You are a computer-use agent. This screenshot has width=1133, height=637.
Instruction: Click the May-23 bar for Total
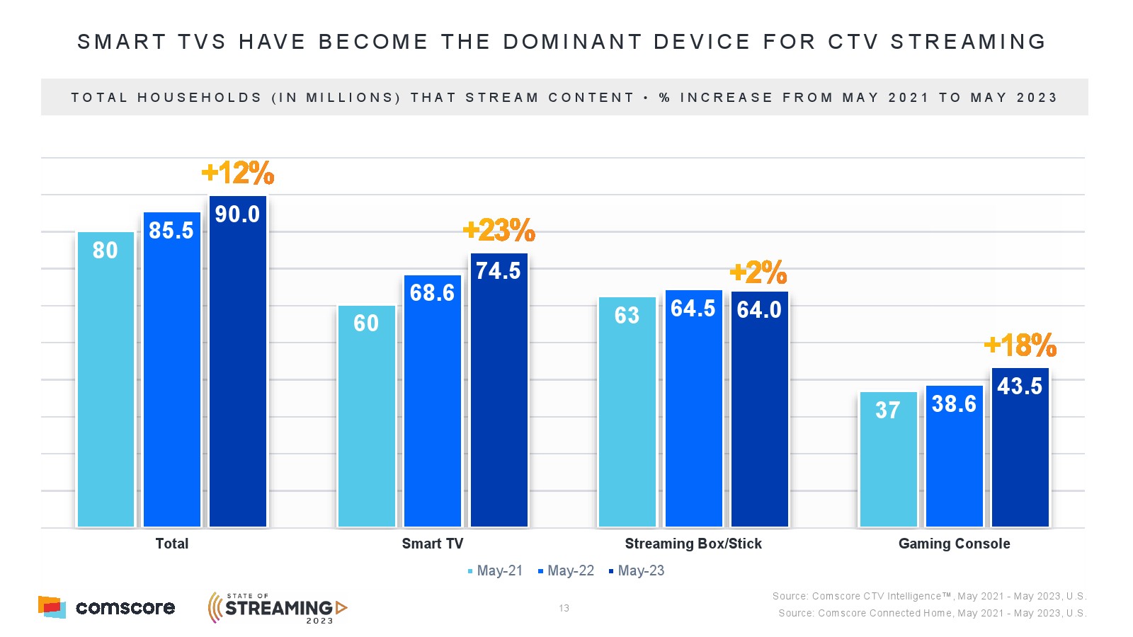238,368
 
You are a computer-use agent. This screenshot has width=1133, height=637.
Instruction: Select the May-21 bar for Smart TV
366,425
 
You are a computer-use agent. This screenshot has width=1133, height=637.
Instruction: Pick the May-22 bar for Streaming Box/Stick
693,418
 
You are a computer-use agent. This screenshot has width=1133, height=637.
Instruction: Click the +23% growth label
499,230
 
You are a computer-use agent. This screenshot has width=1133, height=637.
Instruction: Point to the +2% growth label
758,272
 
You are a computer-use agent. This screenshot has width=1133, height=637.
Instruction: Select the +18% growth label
1020,345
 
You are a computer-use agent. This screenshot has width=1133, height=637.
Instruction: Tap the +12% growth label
238,173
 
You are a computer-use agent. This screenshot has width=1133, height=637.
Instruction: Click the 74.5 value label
498,271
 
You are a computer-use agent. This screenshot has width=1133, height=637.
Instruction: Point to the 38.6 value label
954,404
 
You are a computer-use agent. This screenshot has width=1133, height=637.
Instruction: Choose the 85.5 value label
171,231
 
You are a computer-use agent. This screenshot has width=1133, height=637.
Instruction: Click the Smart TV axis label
432,544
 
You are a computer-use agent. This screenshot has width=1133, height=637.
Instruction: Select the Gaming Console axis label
954,544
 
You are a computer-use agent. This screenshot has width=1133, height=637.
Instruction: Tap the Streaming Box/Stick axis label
693,544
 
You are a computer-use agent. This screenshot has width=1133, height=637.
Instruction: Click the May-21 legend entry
495,571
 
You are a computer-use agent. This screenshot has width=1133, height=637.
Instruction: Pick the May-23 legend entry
637,571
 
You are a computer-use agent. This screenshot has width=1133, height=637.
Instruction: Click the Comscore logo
106,607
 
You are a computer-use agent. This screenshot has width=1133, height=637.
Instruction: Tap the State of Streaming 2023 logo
278,608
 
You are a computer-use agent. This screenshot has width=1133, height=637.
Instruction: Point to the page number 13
564,608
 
